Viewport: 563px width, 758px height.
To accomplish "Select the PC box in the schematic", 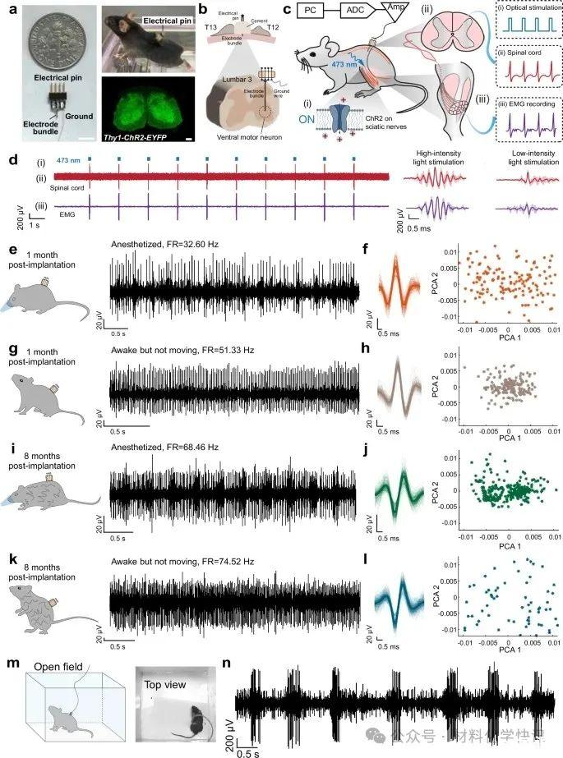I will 310,14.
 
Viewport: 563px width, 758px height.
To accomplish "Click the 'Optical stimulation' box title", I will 528,11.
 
